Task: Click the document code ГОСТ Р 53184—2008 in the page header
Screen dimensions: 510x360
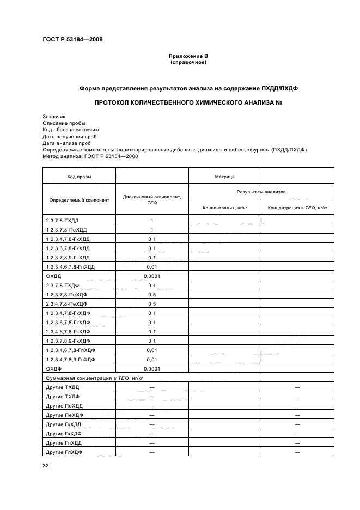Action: point(72,39)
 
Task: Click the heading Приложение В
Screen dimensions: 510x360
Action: point(188,56)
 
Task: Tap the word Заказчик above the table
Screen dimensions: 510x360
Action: point(54,117)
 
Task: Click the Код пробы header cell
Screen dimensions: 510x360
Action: point(79,177)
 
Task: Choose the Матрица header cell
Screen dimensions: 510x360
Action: point(224,177)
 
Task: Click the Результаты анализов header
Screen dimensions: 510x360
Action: point(261,192)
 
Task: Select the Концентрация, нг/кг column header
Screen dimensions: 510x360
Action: point(224,208)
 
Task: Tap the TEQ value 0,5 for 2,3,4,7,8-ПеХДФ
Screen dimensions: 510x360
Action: point(152,304)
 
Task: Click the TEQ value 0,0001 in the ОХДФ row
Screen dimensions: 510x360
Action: point(152,369)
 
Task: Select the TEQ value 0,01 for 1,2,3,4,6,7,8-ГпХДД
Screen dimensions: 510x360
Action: point(152,267)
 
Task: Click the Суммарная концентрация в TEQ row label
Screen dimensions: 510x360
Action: point(95,378)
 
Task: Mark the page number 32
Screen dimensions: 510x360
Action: point(46,466)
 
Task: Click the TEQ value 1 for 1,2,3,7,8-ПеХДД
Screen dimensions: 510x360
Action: point(152,230)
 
